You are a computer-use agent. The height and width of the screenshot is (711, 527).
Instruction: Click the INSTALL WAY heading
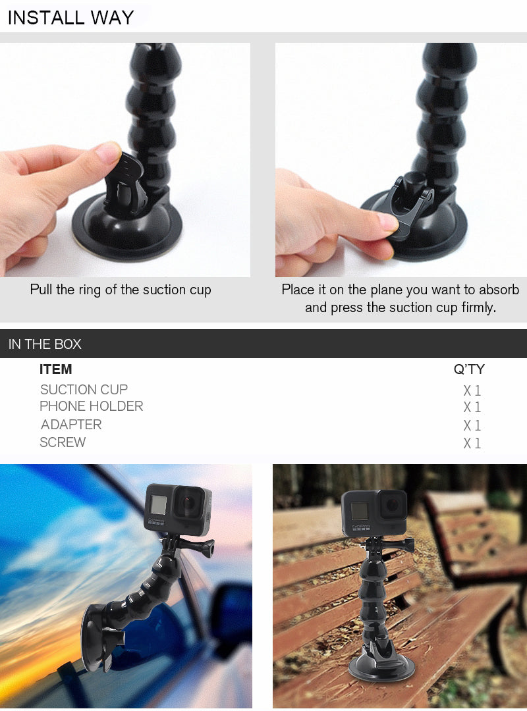(x=70, y=18)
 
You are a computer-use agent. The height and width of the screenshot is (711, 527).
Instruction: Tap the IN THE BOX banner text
(x=45, y=344)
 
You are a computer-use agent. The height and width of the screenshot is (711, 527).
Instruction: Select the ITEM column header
(x=55, y=369)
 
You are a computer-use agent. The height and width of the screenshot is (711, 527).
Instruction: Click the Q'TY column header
(x=469, y=369)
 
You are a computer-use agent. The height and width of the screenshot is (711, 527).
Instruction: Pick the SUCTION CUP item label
(x=84, y=390)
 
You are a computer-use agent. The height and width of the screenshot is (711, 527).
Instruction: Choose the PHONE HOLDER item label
(x=92, y=406)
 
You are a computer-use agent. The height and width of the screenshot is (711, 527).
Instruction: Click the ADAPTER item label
(x=71, y=425)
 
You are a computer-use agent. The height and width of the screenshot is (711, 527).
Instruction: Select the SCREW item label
(x=63, y=442)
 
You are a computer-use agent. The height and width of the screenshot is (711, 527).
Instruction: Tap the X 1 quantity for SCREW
(x=472, y=443)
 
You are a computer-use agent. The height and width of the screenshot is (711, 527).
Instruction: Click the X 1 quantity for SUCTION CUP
(x=472, y=390)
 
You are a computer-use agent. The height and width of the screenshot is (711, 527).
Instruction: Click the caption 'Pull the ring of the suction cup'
(x=121, y=290)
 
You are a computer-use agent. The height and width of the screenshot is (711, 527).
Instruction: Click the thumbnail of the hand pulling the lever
(x=125, y=159)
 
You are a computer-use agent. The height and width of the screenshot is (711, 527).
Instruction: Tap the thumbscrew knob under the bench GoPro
(x=406, y=545)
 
